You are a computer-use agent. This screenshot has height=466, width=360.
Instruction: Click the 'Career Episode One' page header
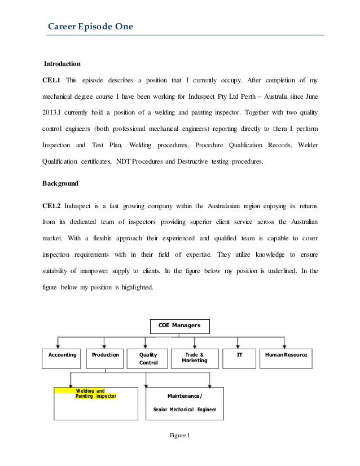tap(89, 25)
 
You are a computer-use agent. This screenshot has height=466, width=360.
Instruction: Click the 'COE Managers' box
tap(179, 326)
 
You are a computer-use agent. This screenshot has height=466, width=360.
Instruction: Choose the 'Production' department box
tap(104, 355)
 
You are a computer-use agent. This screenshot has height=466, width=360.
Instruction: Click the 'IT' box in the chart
tap(239, 355)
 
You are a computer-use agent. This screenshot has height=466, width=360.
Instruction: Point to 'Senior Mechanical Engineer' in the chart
tap(185, 410)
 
